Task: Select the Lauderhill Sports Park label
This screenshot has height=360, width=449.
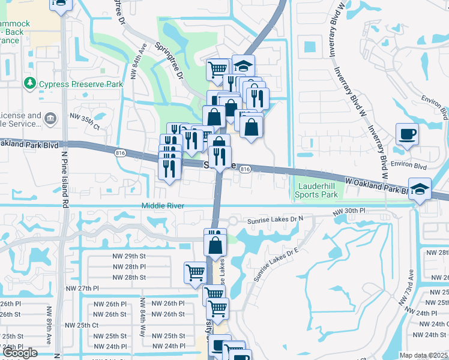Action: pyautogui.click(x=317, y=190)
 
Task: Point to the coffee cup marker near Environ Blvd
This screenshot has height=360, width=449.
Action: pyautogui.click(x=407, y=134)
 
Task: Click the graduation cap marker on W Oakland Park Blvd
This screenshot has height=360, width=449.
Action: pyautogui.click(x=419, y=189)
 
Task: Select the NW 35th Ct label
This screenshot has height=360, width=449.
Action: pyautogui.click(x=84, y=121)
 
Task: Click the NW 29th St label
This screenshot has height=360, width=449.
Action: pyautogui.click(x=129, y=256)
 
